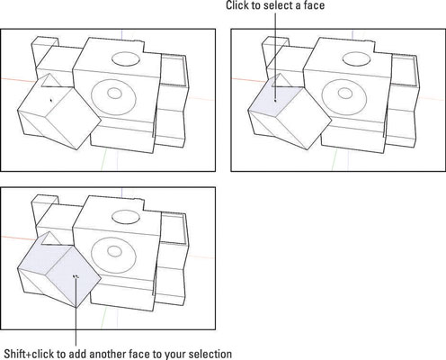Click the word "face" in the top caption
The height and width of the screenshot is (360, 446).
pos(314,5)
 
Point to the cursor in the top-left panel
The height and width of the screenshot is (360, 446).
pos(51,100)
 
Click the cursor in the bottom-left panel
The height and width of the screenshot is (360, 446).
pos(76,276)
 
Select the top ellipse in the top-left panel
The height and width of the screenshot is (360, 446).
pos(126,58)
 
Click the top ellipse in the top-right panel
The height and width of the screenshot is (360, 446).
pos(357,58)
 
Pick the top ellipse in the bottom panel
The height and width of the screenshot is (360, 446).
pos(126,217)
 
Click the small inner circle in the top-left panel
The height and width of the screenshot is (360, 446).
pos(114,94)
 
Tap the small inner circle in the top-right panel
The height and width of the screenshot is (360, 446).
pos(345,94)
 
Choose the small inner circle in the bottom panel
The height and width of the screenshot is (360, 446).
pos(114,251)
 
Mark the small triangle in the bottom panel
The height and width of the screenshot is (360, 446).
pos(50,239)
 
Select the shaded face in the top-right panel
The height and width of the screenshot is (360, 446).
pos(276,96)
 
